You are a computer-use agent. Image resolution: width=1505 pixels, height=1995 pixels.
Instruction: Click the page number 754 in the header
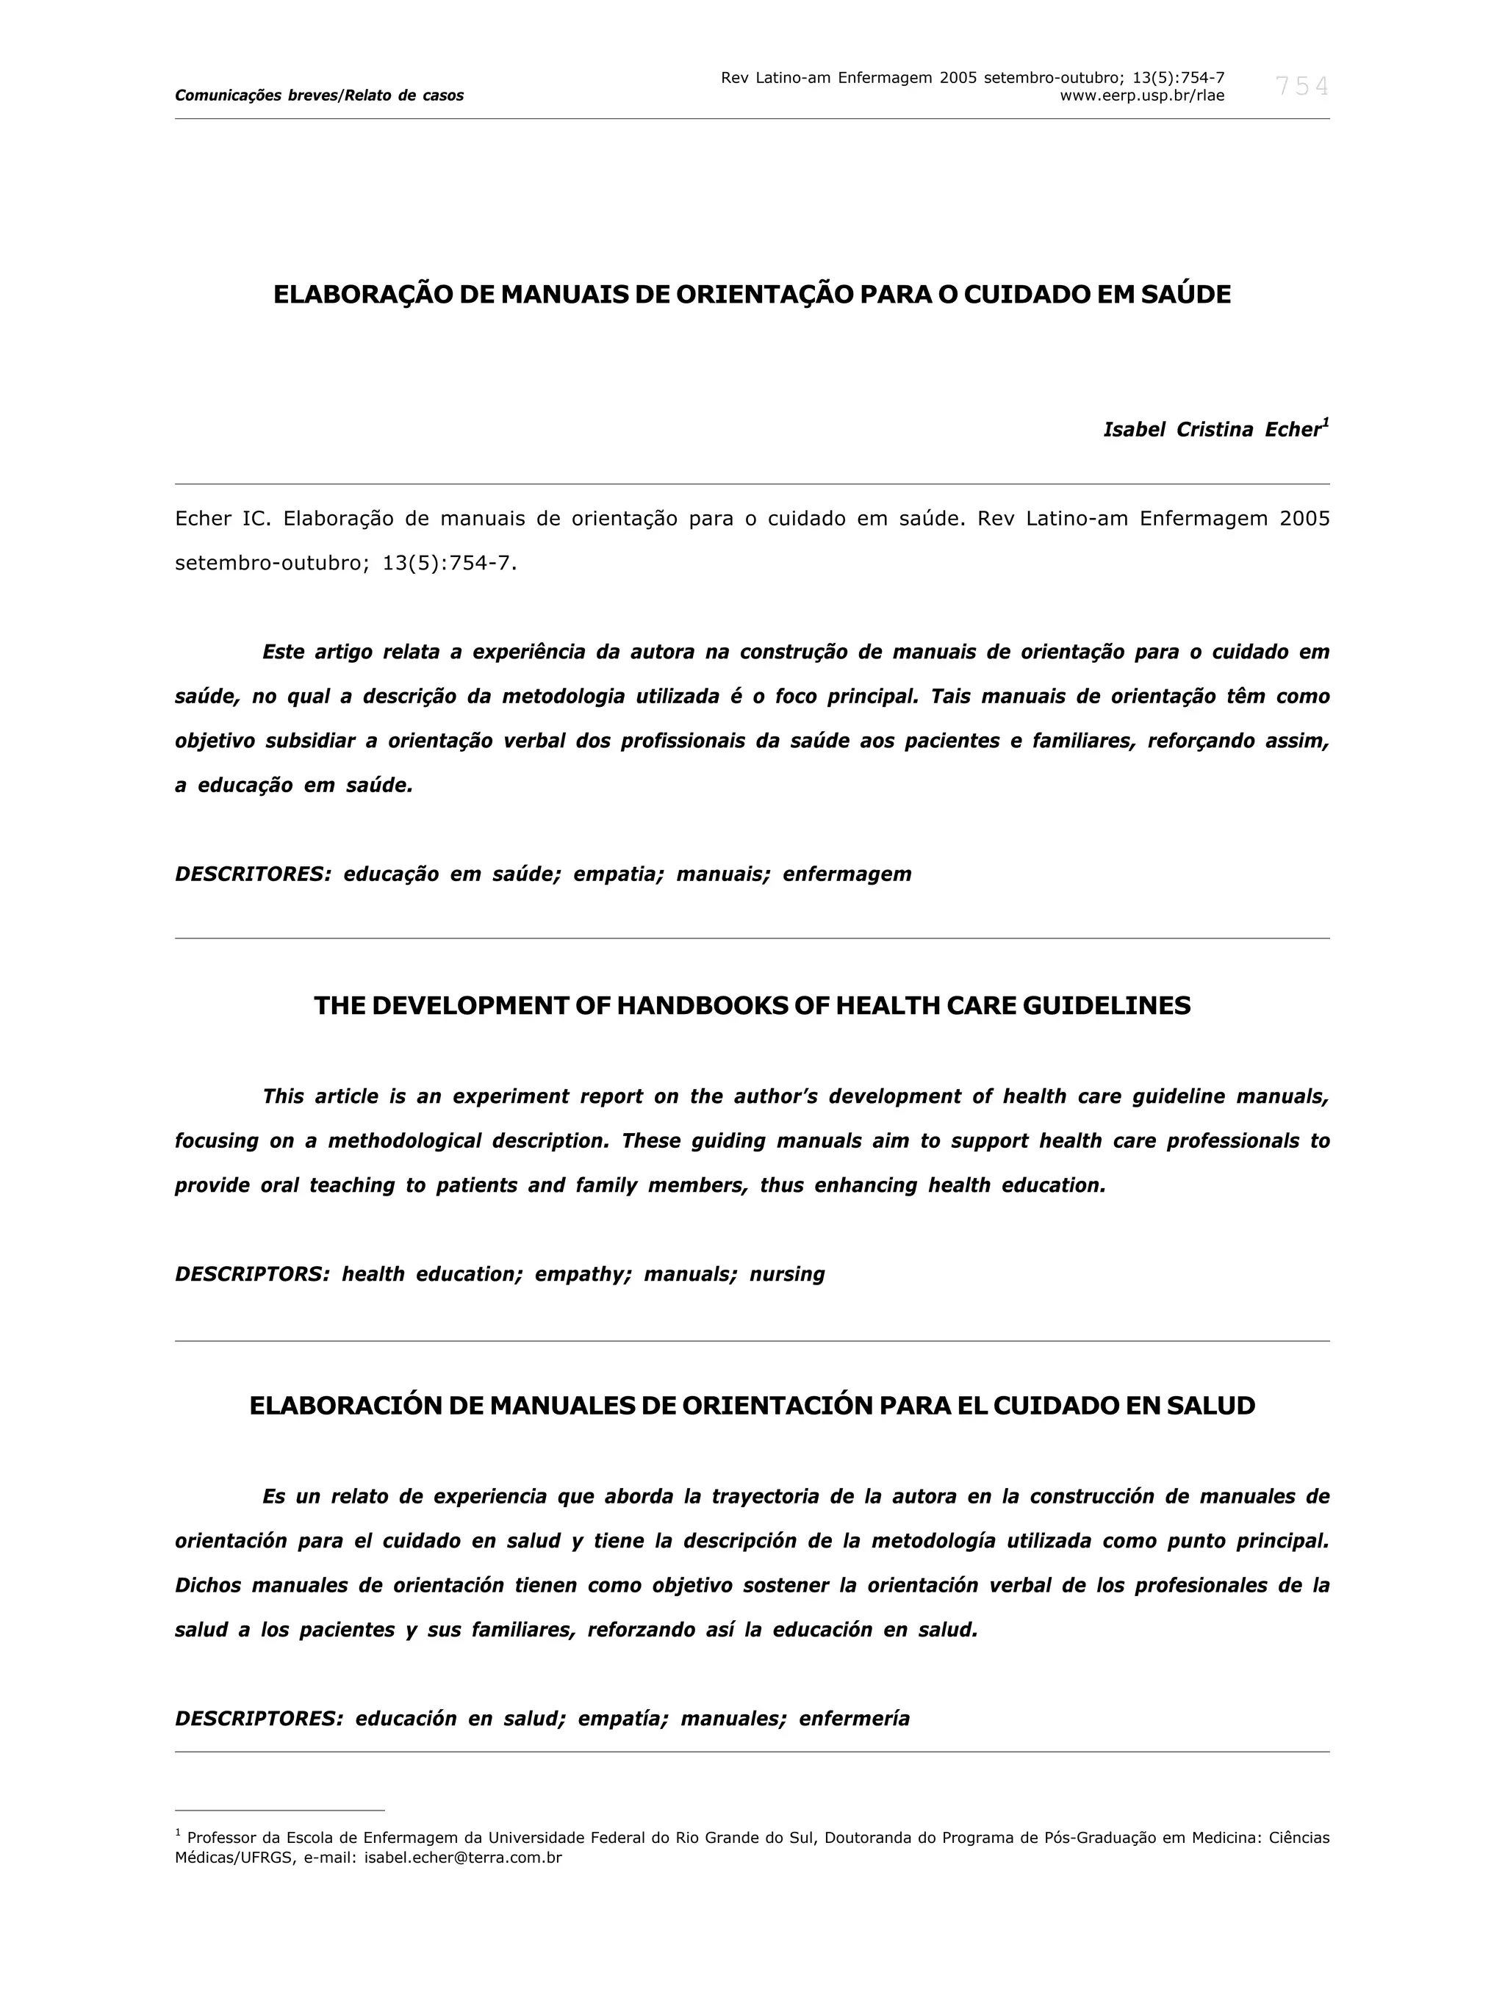[x=1301, y=87]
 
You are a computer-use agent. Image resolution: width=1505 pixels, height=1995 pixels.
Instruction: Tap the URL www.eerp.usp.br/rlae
[x=1141, y=96]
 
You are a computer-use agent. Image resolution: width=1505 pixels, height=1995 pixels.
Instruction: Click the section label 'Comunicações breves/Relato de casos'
[x=319, y=96]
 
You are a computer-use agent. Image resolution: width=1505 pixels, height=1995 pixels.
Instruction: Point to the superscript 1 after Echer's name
[x=1326, y=422]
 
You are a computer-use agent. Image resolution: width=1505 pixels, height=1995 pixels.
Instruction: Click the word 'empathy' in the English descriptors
[x=583, y=1274]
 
